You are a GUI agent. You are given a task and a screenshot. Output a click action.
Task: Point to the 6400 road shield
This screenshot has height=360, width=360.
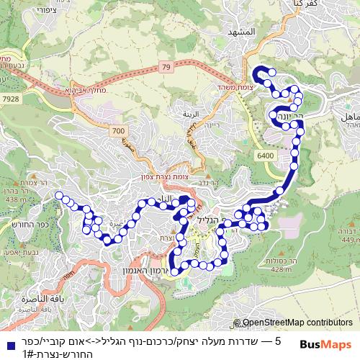[266, 154]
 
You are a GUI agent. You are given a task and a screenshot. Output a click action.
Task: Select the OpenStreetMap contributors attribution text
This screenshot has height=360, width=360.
[297, 323]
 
